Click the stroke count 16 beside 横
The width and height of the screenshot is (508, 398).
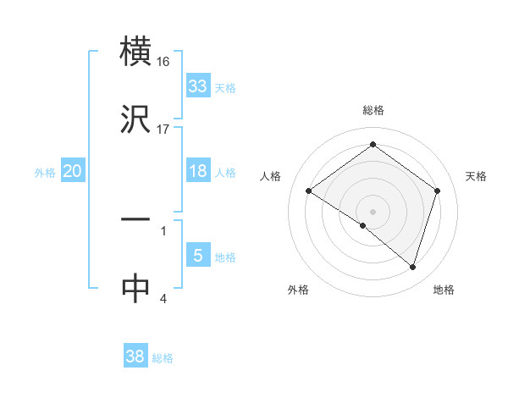163,62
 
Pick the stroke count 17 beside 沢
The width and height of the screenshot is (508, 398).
163,130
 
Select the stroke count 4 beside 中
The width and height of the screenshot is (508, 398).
163,298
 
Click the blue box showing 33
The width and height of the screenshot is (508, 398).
198,86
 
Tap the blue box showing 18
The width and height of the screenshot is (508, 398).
198,171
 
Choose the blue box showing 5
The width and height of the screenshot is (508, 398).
198,256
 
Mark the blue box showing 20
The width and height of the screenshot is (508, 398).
73,171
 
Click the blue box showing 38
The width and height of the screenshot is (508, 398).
135,357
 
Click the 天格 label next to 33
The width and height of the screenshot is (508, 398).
224,87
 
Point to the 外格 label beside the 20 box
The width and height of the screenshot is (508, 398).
45,172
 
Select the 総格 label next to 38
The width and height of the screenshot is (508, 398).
163,358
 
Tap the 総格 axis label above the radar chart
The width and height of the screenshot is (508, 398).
373,110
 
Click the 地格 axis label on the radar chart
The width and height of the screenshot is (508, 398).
444,290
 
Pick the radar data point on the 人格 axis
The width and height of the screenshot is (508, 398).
309,191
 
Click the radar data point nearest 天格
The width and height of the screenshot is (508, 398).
437,191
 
